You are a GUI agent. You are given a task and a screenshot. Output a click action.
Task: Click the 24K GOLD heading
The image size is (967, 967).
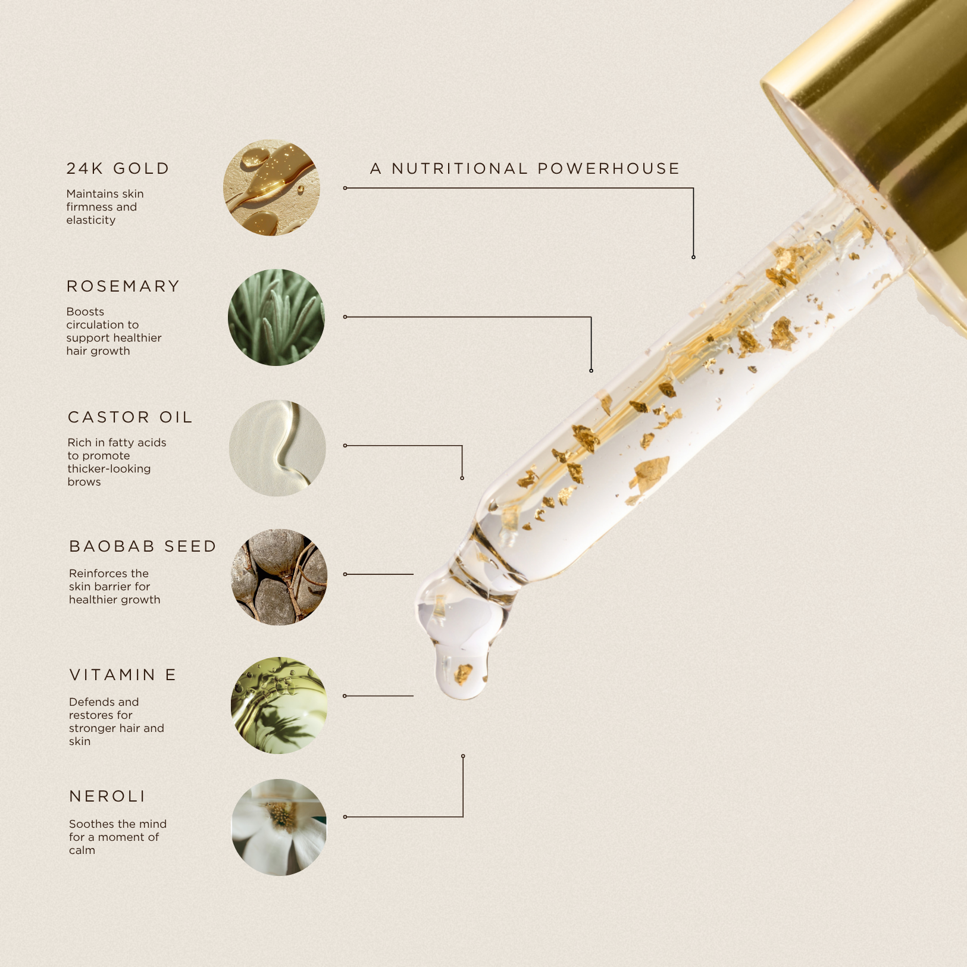(118, 169)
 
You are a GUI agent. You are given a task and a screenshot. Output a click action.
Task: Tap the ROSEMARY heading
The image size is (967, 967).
(123, 286)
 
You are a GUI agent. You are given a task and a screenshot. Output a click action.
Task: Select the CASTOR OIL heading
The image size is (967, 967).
(130, 417)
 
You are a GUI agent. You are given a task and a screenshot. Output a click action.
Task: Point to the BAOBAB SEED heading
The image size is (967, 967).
(143, 546)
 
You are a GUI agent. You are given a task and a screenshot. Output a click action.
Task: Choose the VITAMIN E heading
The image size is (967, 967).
(123, 675)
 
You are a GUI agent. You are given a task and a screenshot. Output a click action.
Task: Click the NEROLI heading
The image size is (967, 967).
(108, 796)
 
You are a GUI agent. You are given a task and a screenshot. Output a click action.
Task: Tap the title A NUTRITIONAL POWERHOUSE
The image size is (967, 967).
(525, 169)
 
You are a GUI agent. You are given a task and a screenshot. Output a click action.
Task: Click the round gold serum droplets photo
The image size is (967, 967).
(271, 187)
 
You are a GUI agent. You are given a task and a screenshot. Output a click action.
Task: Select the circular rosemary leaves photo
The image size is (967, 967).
(276, 317)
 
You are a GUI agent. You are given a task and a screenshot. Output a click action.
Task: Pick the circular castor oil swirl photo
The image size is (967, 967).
(277, 448)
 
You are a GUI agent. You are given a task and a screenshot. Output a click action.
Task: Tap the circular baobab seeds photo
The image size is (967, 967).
(279, 577)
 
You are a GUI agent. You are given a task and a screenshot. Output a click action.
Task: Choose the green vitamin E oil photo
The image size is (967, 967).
(279, 706)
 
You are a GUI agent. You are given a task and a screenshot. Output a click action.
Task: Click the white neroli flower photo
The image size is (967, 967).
(279, 827)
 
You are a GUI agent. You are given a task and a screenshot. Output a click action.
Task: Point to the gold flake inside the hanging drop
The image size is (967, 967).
(463, 674)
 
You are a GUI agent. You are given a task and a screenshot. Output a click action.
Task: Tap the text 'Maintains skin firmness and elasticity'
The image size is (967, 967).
(105, 207)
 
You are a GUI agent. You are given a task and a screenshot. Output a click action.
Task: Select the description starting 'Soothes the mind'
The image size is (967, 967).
(118, 837)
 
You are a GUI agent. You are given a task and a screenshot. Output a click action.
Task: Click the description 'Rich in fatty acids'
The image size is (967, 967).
(117, 462)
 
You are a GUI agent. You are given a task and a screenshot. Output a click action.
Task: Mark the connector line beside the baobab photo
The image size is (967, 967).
(378, 574)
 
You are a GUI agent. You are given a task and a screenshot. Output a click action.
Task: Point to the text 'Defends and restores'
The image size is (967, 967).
(117, 722)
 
